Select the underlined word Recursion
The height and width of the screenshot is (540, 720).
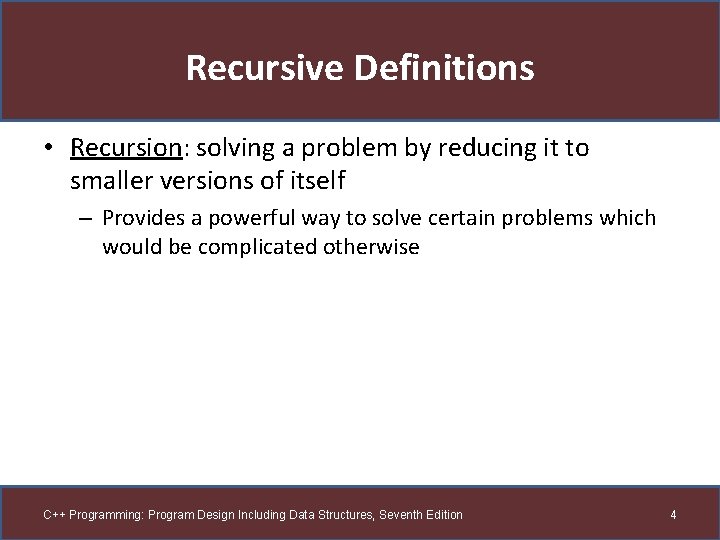point(124,148)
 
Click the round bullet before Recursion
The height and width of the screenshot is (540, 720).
point(48,149)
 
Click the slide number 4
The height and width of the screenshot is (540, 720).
point(673,515)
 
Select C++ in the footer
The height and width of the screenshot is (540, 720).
point(54,515)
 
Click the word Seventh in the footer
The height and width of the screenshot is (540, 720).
point(398,515)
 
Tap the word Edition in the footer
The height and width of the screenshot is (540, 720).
point(443,515)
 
